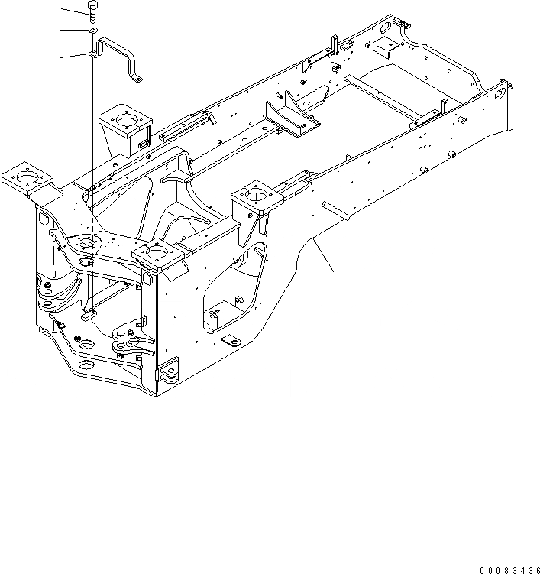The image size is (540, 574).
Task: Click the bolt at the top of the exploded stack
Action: (x=92, y=10)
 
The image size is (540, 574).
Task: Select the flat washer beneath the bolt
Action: (x=91, y=31)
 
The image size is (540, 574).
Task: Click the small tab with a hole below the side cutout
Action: (x=228, y=339)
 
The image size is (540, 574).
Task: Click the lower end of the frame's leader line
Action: (x=334, y=271)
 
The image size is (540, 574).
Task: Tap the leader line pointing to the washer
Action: (x=73, y=31)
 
